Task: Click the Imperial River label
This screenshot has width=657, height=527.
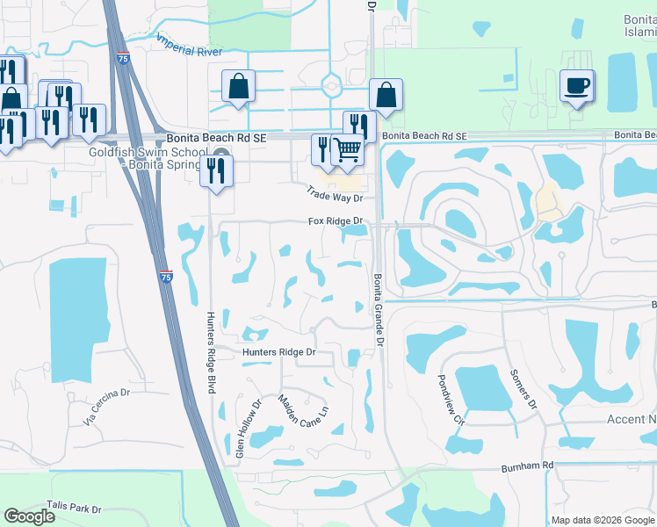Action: (188, 45)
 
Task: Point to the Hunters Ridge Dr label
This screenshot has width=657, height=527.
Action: (278, 352)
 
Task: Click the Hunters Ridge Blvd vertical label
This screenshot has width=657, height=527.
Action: (211, 352)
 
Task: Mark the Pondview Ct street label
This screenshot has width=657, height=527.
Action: (447, 399)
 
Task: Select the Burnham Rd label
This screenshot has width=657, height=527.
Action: (529, 466)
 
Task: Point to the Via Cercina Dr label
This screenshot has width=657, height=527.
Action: (106, 408)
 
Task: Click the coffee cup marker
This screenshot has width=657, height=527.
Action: (576, 86)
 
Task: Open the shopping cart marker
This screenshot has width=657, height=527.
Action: (348, 153)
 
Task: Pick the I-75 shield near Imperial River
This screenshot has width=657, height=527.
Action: (122, 58)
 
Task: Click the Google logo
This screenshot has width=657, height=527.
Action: (30, 516)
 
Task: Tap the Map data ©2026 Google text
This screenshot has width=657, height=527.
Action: (603, 520)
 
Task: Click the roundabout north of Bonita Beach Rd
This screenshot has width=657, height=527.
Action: (332, 86)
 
